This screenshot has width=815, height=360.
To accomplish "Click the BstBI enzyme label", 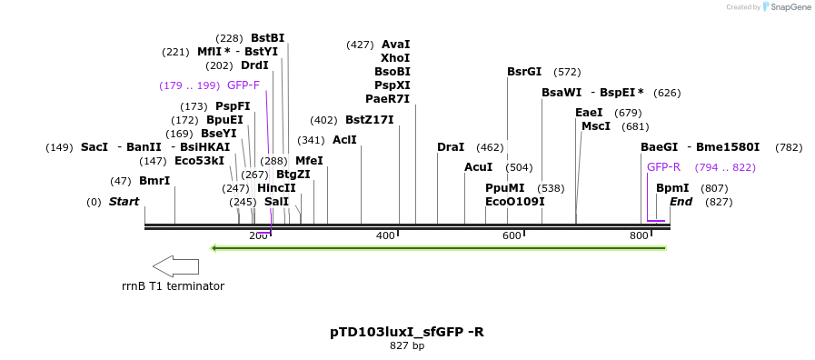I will (267, 38).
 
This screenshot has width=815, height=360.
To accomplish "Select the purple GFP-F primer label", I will (243, 85).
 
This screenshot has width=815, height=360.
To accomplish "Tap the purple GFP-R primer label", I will (663, 167).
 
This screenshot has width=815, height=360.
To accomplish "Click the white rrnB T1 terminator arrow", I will (175, 266).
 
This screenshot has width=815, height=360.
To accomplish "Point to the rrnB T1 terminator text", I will (173, 286).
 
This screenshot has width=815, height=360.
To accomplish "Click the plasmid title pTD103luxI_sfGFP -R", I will (407, 332).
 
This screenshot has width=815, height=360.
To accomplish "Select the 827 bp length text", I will (407, 346).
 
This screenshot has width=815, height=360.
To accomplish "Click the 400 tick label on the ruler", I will (385, 236).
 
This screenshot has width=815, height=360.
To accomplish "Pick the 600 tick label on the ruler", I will (512, 236).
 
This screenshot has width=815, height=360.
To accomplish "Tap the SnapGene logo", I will (786, 7).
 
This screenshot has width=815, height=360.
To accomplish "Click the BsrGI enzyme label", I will (524, 72).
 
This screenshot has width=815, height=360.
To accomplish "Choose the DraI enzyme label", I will (451, 147).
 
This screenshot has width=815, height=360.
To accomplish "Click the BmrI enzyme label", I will (154, 181).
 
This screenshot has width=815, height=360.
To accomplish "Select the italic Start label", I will (124, 202).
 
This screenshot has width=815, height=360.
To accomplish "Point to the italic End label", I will (681, 202).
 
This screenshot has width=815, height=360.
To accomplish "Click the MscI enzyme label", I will (596, 126).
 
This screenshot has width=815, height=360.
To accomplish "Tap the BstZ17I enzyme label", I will (370, 120).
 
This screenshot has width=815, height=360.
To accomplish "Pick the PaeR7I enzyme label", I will (388, 99).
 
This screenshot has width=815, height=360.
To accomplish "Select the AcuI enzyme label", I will (478, 167).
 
